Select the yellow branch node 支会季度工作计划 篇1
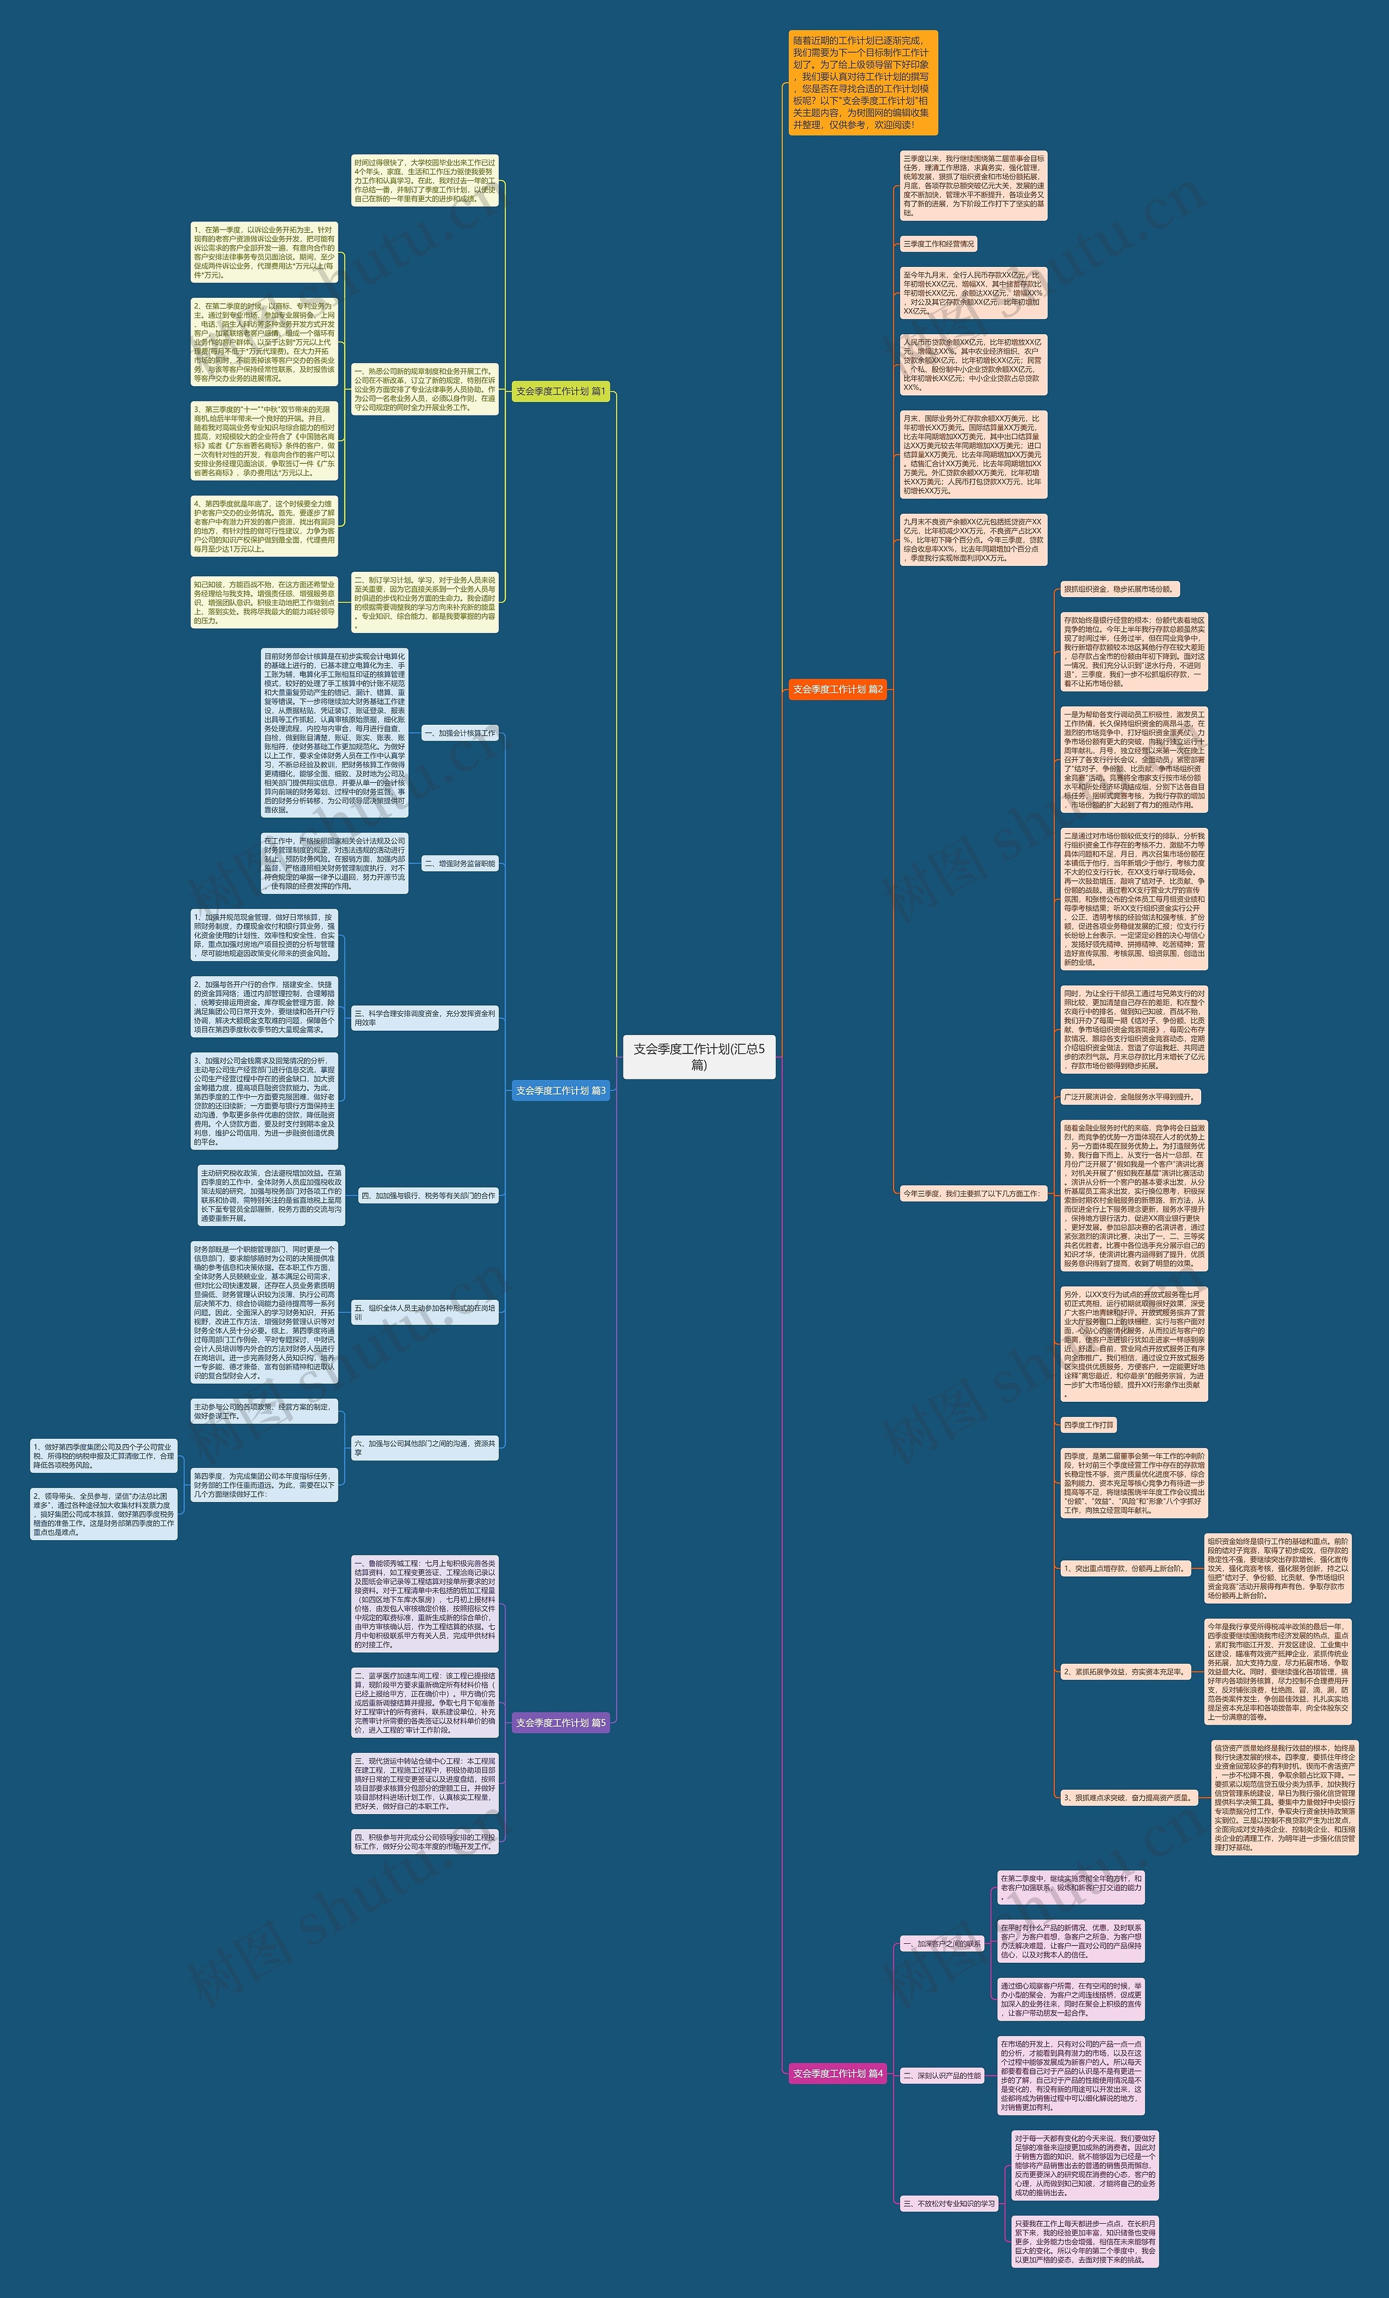pyautogui.click(x=560, y=392)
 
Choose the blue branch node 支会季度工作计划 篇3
pyautogui.click(x=560, y=1090)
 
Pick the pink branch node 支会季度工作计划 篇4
pyautogui.click(x=837, y=2073)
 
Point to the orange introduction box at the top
pyautogui.click(x=862, y=83)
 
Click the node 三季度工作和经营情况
pyautogui.click(x=939, y=244)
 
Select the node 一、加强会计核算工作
pyautogui.click(x=460, y=733)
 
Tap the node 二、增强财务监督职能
pyautogui.click(x=460, y=864)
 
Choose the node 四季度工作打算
pyautogui.click(x=1088, y=1425)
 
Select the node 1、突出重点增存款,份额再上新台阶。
pyautogui.click(x=1129, y=1569)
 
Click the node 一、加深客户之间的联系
pyautogui.click(x=941, y=1944)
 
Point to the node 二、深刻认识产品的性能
pyautogui.click(x=942, y=2076)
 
